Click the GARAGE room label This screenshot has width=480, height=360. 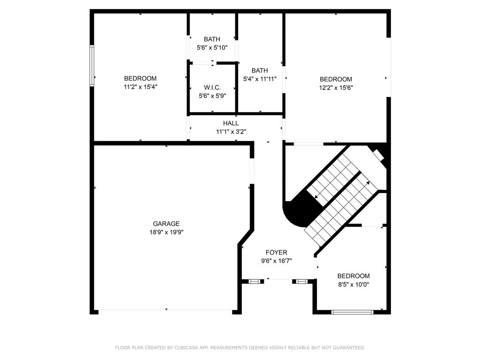click(x=166, y=224)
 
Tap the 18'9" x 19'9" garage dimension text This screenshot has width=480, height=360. click(x=166, y=232)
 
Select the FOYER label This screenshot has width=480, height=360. click(x=277, y=253)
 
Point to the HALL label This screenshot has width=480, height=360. click(x=231, y=123)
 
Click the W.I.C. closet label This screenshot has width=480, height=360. click(x=212, y=88)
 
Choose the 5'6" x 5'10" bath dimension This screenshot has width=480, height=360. click(x=212, y=48)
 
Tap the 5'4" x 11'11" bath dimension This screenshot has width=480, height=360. click(x=260, y=79)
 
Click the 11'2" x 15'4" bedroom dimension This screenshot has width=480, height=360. click(x=141, y=87)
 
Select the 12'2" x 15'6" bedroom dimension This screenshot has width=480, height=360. click(x=336, y=88)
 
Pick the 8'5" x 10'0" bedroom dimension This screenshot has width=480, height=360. click(x=353, y=285)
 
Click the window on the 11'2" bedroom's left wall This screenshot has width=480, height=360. click(x=92, y=66)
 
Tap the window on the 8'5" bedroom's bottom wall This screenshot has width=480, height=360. click(x=352, y=312)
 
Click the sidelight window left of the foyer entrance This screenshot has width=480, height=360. click(x=254, y=281)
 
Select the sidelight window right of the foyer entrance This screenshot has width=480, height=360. click(x=301, y=281)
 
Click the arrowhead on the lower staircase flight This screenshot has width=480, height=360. click(x=367, y=183)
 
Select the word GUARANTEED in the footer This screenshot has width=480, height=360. click(x=348, y=348)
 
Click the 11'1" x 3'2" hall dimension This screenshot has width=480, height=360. click(x=231, y=132)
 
